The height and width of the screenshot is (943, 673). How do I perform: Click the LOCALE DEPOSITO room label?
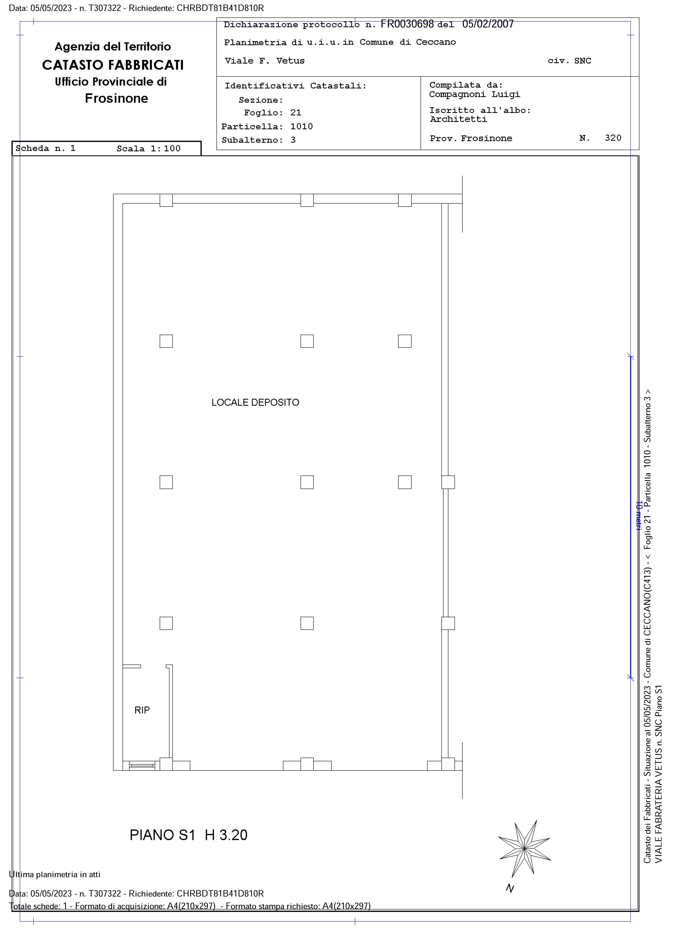point(255,402)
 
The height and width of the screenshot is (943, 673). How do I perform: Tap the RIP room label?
point(142,710)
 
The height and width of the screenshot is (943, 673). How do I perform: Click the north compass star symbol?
point(524,848)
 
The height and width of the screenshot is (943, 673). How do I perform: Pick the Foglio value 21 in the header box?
point(296,113)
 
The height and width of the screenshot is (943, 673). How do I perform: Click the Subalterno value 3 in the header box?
point(293,140)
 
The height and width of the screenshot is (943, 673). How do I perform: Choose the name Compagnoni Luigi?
point(475,94)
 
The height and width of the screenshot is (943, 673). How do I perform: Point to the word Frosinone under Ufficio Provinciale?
point(116,99)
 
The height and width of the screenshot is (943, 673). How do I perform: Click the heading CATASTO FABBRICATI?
point(113,65)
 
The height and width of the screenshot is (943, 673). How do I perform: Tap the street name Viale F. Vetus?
point(265,61)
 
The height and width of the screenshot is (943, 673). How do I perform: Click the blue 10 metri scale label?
point(639,515)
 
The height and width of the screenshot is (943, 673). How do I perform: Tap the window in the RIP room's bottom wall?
point(142,766)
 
